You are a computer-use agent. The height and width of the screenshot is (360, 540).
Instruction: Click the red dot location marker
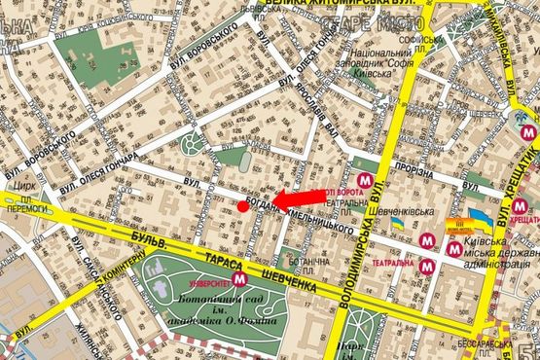point(243,205)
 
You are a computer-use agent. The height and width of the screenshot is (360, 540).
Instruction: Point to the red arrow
point(297,198)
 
